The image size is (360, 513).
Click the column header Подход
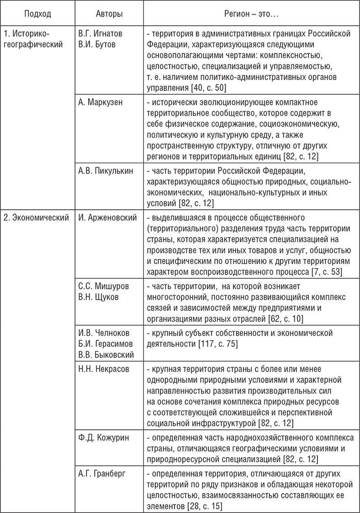tap(38, 14)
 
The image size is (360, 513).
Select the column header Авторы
tap(109, 14)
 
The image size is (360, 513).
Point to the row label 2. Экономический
tap(36, 217)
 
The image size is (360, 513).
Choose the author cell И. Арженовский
tap(108, 217)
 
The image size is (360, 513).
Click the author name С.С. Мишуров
tap(103, 286)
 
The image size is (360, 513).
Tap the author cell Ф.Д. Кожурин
tap(103, 437)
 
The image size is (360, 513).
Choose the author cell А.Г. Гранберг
tap(102, 473)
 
